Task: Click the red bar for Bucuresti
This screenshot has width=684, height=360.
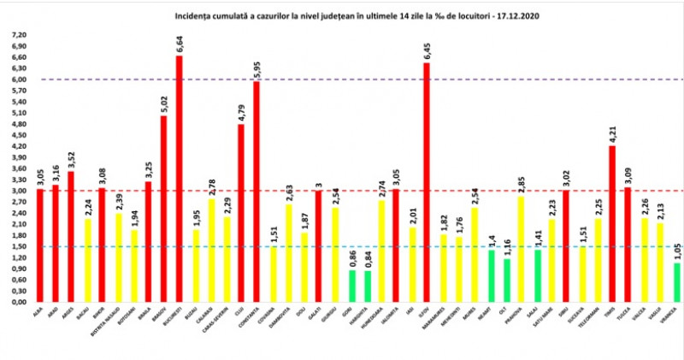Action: [179, 180]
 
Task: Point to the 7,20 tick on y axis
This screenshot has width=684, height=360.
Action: [18, 36]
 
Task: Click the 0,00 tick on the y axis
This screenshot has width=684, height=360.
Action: [18, 302]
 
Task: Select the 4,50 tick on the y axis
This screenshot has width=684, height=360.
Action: [18, 135]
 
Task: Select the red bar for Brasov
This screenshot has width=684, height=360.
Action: [163, 209]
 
